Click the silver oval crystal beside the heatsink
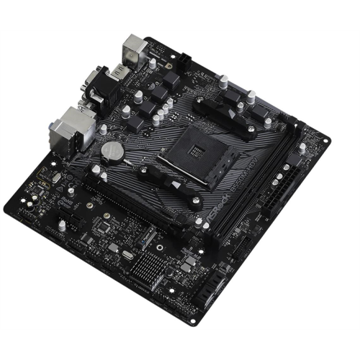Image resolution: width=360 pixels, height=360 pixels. (x=127, y=254)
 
